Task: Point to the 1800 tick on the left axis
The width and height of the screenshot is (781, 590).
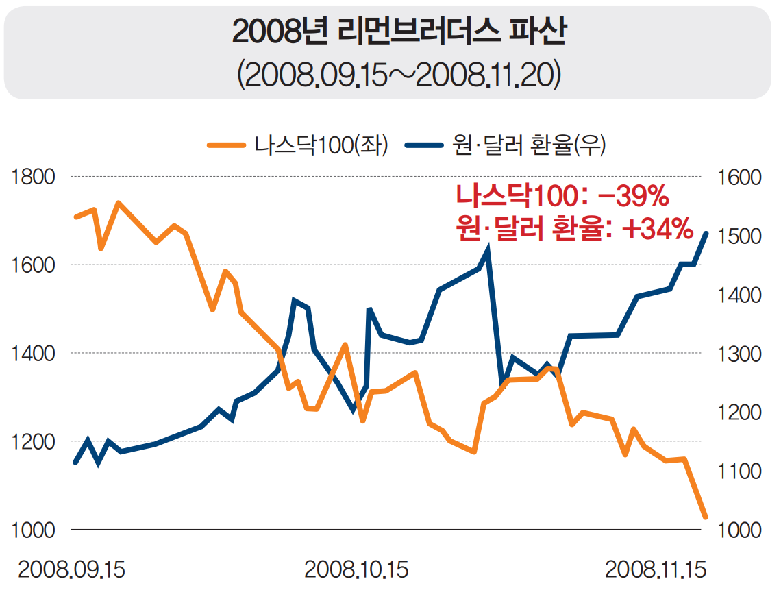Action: tap(32, 177)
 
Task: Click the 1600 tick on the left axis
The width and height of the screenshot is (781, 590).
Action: tap(32, 265)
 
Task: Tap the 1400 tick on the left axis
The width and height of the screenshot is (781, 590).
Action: tap(32, 354)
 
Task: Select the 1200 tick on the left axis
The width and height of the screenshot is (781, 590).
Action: tap(32, 442)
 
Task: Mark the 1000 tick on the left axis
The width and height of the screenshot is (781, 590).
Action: tap(32, 530)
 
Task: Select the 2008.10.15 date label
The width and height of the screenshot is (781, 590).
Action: tap(356, 569)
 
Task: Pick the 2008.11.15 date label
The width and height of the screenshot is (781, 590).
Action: tap(656, 569)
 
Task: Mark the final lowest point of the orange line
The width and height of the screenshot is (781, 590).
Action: tap(705, 517)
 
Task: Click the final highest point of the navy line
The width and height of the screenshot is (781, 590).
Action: tap(706, 234)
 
